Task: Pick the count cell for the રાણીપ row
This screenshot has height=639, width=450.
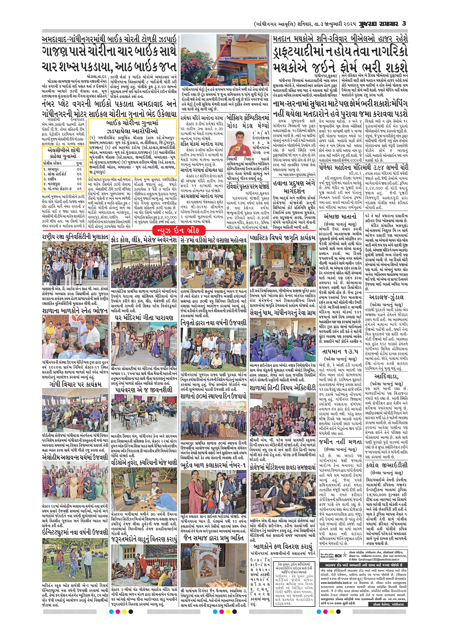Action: click(x=79, y=179)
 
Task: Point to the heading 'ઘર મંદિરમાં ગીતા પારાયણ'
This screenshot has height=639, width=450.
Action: click(x=144, y=318)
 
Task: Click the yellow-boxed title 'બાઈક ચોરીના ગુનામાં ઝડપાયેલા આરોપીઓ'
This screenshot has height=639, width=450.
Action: click(x=132, y=127)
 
